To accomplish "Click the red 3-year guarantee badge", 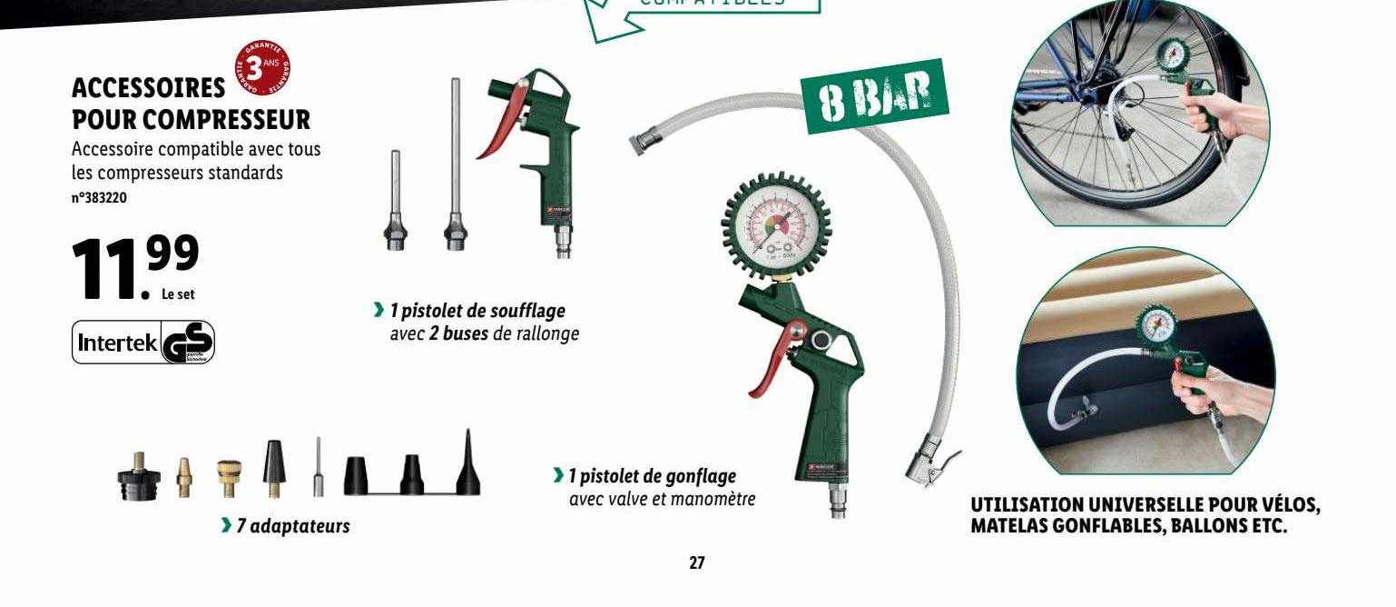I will click(x=264, y=68).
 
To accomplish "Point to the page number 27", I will click(x=696, y=563).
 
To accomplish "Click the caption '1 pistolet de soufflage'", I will click(x=477, y=311).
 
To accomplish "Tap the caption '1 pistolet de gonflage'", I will click(x=652, y=475).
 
